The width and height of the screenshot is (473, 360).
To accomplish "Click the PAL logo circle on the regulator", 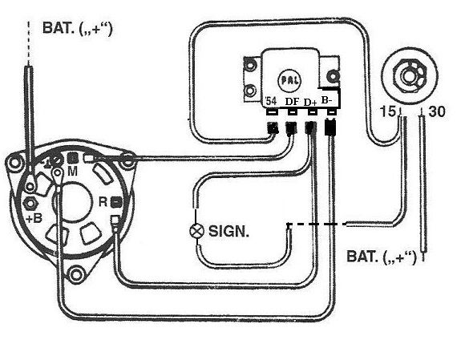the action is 290,80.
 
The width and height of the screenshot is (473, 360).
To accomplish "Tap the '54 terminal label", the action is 270,101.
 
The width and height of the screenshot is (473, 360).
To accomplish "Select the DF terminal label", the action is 292,102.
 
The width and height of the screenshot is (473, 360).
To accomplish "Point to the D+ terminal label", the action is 310,103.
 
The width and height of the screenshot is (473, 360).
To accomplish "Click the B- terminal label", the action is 326,100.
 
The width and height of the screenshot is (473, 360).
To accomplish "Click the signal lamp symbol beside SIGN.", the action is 196,231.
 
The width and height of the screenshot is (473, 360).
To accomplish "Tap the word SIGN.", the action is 228,232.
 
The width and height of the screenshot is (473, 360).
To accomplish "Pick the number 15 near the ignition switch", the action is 387,111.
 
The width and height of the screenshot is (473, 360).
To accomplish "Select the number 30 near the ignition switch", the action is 436,111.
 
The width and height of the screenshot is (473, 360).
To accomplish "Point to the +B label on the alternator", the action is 34,218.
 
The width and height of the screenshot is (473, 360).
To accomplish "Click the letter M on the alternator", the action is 72,172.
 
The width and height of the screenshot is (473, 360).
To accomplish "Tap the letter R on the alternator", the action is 103,201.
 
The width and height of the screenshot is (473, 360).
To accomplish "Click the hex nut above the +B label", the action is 30,204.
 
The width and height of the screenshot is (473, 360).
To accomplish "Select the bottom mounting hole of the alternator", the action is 75,275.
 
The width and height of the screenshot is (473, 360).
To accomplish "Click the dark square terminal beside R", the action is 117,202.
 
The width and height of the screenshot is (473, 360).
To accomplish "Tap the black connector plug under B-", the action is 330,127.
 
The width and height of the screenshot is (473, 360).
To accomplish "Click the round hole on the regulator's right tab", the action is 334,76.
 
